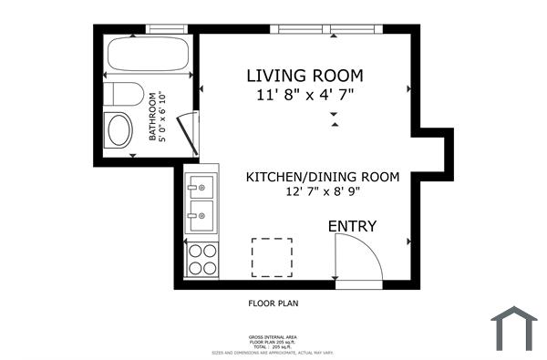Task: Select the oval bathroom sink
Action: (x=119, y=131)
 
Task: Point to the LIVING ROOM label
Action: (x=305, y=75)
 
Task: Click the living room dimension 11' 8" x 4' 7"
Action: (x=305, y=93)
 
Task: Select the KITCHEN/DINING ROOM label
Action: (x=322, y=177)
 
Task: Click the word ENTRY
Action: (x=352, y=226)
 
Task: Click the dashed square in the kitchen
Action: (x=272, y=257)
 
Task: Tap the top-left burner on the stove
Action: (x=194, y=252)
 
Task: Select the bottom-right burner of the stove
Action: (x=210, y=268)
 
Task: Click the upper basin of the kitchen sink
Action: (x=201, y=189)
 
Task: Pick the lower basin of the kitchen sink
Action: (x=201, y=218)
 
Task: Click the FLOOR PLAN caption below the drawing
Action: (x=273, y=304)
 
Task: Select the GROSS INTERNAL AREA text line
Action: (x=273, y=336)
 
